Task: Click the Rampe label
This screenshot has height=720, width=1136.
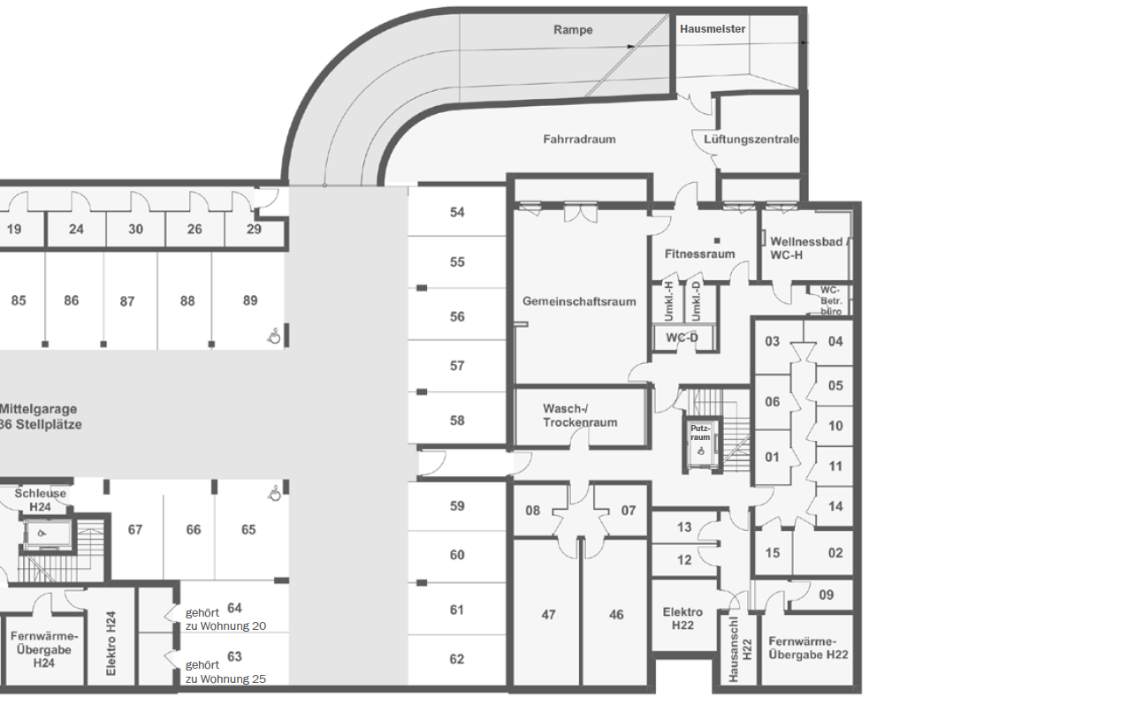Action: pyautogui.click(x=573, y=30)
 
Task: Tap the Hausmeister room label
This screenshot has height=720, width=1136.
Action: pyautogui.click(x=713, y=29)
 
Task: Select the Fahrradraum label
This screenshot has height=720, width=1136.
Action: pyautogui.click(x=579, y=140)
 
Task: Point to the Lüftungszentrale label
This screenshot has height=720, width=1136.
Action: pyautogui.click(x=751, y=140)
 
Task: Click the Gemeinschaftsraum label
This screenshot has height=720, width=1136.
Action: pyautogui.click(x=579, y=301)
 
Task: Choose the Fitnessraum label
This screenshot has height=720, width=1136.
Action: pyautogui.click(x=700, y=254)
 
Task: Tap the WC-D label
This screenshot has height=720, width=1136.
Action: pyautogui.click(x=682, y=337)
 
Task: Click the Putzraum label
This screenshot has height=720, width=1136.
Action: pyautogui.click(x=700, y=433)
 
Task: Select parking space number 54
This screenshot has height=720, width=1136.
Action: pyautogui.click(x=457, y=212)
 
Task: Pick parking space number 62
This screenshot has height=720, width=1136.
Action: pyautogui.click(x=457, y=659)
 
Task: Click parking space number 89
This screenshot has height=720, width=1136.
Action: pyautogui.click(x=250, y=300)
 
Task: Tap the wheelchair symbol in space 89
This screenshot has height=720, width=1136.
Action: pyautogui.click(x=274, y=336)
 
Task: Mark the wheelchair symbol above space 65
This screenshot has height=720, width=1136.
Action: pyautogui.click(x=274, y=494)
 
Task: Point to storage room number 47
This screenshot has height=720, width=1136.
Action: pyautogui.click(x=548, y=615)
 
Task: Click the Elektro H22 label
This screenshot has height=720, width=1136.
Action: pyautogui.click(x=682, y=618)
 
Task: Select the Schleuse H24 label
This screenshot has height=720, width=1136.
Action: pyautogui.click(x=40, y=500)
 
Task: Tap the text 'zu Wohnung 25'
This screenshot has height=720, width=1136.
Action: pyautogui.click(x=225, y=679)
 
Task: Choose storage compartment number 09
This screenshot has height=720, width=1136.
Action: pyautogui.click(x=826, y=595)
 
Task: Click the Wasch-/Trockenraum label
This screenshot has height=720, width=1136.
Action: pyautogui.click(x=580, y=415)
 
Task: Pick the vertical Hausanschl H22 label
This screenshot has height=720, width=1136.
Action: pyautogui.click(x=740, y=649)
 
